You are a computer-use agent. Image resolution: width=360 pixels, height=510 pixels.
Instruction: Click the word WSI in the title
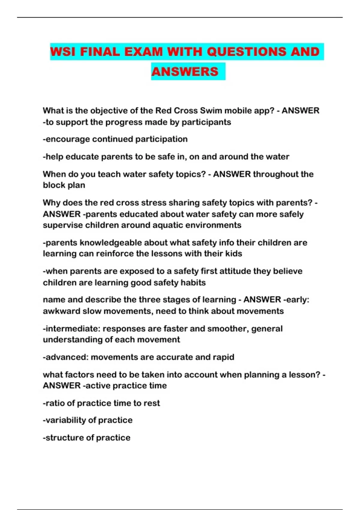pos(63,52)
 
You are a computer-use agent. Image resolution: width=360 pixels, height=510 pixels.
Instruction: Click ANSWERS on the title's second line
pos(185,71)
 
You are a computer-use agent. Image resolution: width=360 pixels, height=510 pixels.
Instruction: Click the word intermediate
pos(72,328)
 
